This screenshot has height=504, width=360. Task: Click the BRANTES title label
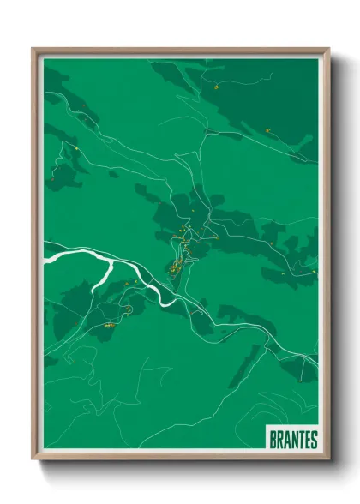coord(293,440)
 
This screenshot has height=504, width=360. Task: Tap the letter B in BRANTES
coord(273,440)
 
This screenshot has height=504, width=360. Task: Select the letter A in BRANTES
coord(287,440)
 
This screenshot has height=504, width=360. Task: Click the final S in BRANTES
coord(314,440)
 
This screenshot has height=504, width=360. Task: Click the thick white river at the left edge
coord(54,254)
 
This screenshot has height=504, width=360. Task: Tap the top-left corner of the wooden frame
coord(33,49)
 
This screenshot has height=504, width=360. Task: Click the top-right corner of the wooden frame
coord(329,49)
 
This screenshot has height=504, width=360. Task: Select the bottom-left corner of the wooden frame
coord(33,460)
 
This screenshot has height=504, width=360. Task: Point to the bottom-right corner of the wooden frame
coord(329,460)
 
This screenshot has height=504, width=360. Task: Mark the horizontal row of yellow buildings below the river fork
coord(109,326)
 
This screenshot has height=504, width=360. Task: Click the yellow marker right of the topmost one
coord(269,129)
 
